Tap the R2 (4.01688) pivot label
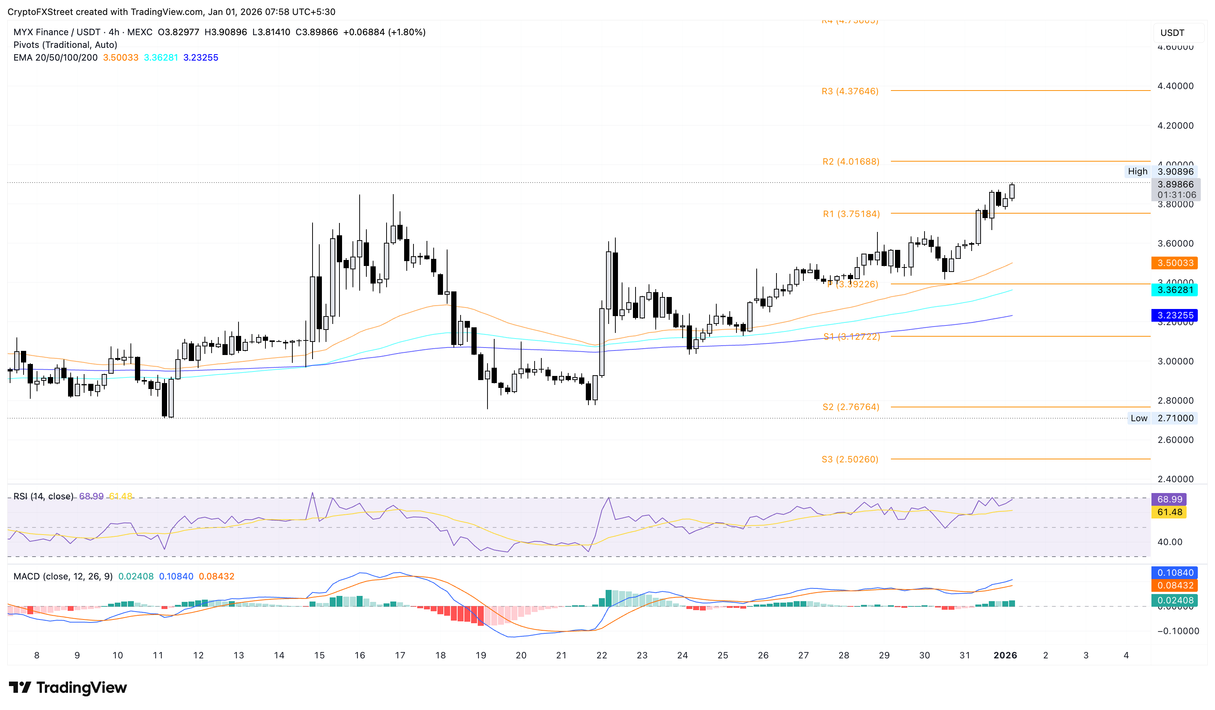tap(850, 162)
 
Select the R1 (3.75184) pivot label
tap(851, 214)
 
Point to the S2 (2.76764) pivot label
tap(850, 407)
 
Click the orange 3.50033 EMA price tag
tap(1175, 263)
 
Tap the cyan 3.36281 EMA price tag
tap(1175, 290)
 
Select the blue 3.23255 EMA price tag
tap(1175, 315)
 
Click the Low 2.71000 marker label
tap(1162, 418)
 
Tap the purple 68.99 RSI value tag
tap(1169, 499)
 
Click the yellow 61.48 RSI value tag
tap(1169, 512)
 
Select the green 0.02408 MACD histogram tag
tap(1175, 600)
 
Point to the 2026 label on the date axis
tap(1005, 655)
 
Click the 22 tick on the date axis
tap(601, 655)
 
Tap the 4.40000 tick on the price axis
tap(1175, 86)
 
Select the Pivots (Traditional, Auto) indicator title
tap(65, 45)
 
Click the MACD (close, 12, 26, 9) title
tap(63, 576)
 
